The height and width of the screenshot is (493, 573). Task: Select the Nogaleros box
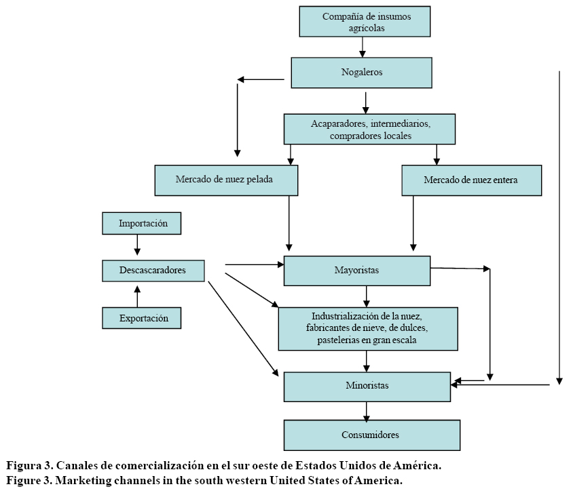361,73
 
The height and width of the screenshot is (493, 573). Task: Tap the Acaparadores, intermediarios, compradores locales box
370,129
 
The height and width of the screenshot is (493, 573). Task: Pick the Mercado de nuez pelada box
227,180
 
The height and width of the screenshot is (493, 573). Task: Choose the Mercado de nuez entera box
471,180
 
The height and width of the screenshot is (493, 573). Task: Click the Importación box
141,223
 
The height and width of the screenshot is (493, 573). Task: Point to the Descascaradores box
153,271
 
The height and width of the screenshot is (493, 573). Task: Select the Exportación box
141,317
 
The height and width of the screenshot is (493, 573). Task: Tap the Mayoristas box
357,271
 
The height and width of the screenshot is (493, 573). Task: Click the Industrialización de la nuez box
367,328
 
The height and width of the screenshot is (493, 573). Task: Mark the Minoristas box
367,386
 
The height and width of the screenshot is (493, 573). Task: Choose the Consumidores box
371,435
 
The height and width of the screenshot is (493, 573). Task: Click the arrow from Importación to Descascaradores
137,245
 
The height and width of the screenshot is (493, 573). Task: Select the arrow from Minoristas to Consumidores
367,410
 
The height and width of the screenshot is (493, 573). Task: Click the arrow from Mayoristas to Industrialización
367,296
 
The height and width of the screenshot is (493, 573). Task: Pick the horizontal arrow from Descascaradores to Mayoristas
254,264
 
